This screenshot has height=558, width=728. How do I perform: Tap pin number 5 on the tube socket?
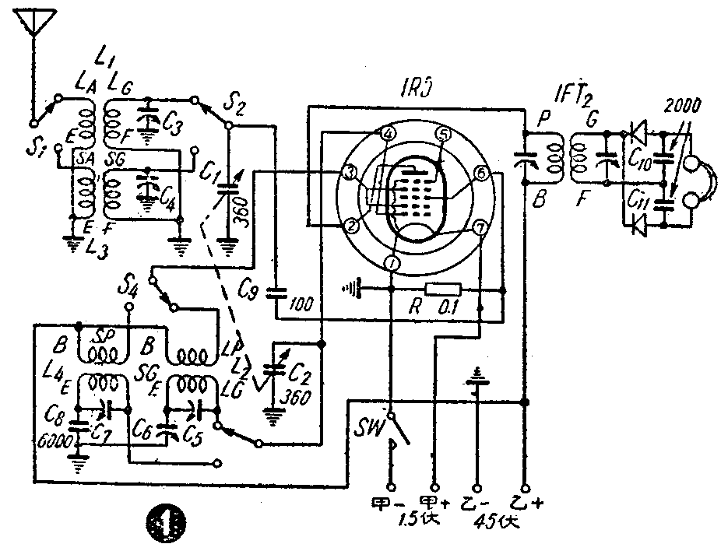click(x=442, y=134)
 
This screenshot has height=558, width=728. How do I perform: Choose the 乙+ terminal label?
click(x=529, y=503)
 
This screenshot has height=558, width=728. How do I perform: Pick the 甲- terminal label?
click(x=389, y=502)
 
